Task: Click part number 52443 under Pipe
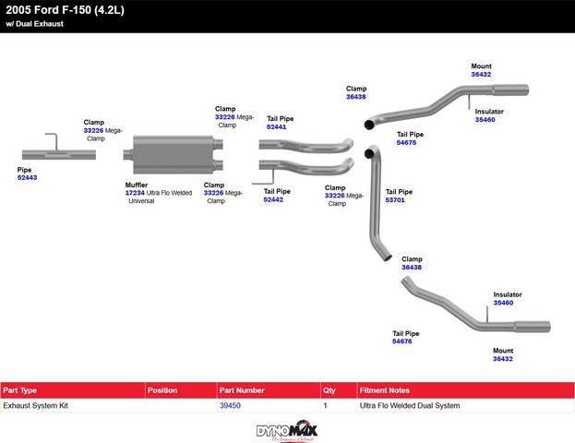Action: pyautogui.click(x=27, y=177)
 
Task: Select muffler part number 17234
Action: pyautogui.click(x=135, y=192)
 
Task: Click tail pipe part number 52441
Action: pyautogui.click(x=276, y=126)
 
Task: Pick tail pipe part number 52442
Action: pyautogui.click(x=273, y=199)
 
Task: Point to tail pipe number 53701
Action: pyautogui.click(x=395, y=199)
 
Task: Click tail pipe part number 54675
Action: pyautogui.click(x=406, y=143)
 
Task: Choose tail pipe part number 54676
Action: pyautogui.click(x=401, y=341)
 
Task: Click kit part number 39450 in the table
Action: pyautogui.click(x=230, y=405)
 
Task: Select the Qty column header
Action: pyautogui.click(x=329, y=390)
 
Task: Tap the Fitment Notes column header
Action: pyautogui.click(x=385, y=390)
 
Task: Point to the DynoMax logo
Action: pyautogui.click(x=286, y=431)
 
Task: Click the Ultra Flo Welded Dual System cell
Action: pyautogui.click(x=409, y=405)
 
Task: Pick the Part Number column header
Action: pyautogui.click(x=242, y=390)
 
